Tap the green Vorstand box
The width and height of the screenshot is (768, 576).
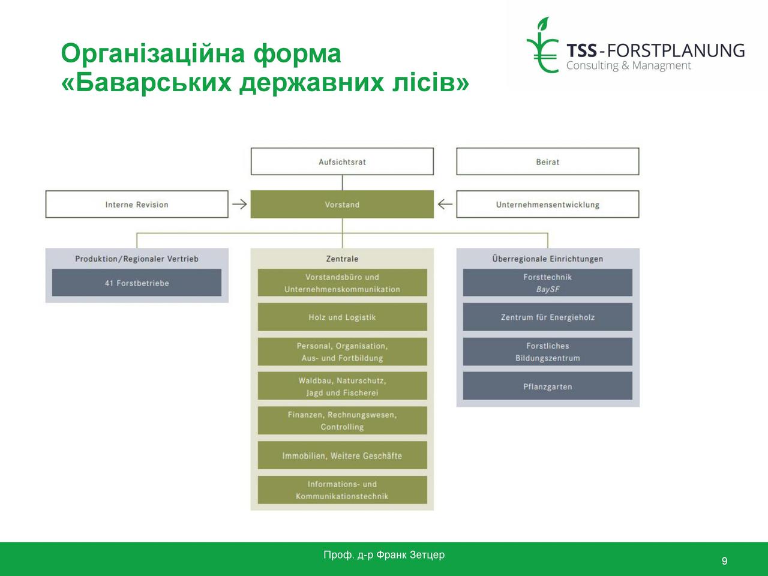tap(342, 204)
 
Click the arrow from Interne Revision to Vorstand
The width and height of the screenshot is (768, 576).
tap(239, 204)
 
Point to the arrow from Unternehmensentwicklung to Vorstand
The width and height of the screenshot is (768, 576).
tap(445, 204)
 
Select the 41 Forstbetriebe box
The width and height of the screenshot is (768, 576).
tap(137, 283)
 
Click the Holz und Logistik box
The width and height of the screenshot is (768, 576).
tap(342, 317)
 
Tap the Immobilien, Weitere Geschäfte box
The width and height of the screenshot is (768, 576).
tap(342, 455)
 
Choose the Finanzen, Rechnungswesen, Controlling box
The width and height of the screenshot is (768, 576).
tap(342, 421)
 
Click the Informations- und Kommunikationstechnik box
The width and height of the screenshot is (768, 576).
tap(342, 490)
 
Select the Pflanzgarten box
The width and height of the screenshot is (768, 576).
tap(548, 386)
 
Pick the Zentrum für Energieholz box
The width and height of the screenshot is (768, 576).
tap(548, 317)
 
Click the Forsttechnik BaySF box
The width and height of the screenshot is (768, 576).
tap(548, 283)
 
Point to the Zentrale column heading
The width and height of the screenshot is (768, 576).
tap(342, 259)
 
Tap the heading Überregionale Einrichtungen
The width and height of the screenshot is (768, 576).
tap(548, 259)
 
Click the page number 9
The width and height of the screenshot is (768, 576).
tap(724, 561)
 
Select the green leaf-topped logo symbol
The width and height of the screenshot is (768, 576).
tap(542, 45)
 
